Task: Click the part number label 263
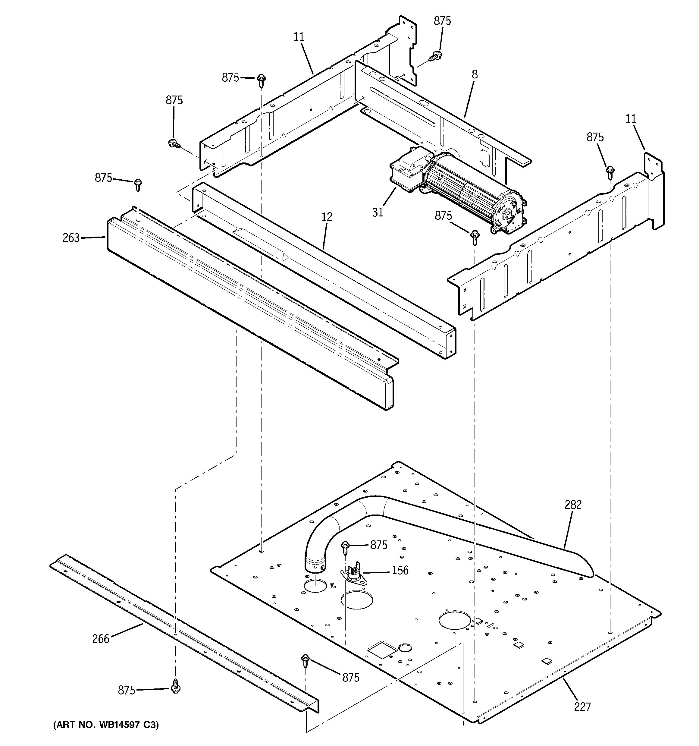pyautogui.click(x=71, y=238)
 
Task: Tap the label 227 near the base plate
pyautogui.click(x=582, y=707)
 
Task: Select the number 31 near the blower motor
pyautogui.click(x=378, y=212)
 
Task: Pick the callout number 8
pyautogui.click(x=475, y=75)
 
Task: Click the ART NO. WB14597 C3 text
pyautogui.click(x=106, y=725)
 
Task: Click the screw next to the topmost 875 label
pyautogui.click(x=436, y=55)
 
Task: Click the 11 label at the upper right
pyautogui.click(x=631, y=119)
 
